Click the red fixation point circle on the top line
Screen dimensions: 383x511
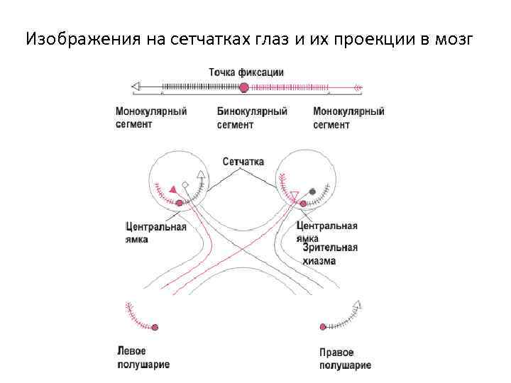(x=244, y=87)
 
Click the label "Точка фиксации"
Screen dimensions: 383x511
(x=246, y=72)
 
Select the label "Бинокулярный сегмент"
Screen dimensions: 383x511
(x=252, y=118)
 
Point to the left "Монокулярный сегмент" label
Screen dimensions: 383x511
(x=151, y=118)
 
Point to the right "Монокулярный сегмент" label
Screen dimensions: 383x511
(x=348, y=118)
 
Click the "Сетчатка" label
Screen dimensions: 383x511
(x=243, y=162)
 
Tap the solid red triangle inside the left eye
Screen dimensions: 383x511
(x=172, y=187)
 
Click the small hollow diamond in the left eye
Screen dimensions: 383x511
(x=185, y=185)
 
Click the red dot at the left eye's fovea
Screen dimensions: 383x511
(x=179, y=204)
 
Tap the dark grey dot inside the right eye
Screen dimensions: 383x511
(x=312, y=191)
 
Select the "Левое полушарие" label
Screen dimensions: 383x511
(x=143, y=358)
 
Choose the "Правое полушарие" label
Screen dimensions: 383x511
(x=345, y=359)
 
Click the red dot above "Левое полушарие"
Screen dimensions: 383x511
(x=155, y=327)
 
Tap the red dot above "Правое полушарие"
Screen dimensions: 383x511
(x=322, y=327)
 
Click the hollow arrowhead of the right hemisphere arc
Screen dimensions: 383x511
(x=357, y=306)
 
